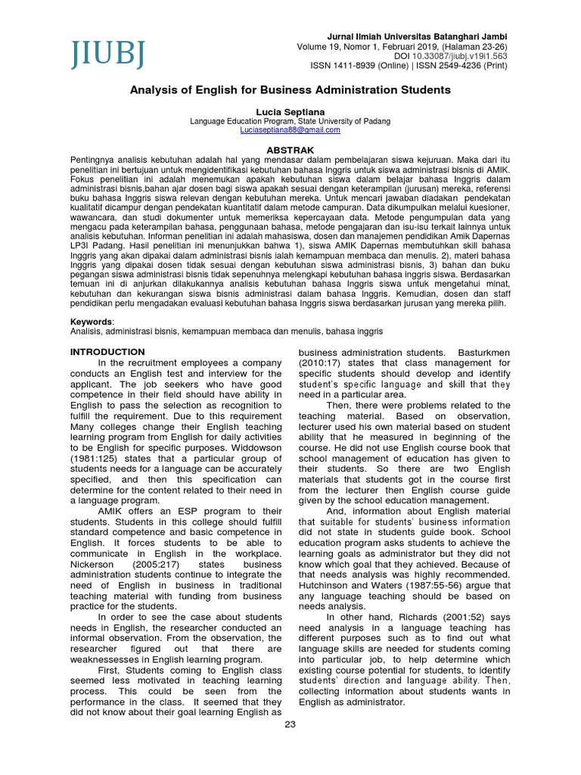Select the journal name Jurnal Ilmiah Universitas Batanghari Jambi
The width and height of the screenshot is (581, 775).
coord(417,36)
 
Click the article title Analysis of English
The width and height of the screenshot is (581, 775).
coord(290,90)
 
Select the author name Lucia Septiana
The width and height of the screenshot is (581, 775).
coord(290,111)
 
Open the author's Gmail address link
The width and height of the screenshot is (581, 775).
coord(290,130)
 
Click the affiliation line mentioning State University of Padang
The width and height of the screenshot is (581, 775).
coord(290,121)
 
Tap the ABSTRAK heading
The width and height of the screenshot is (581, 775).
coord(290,151)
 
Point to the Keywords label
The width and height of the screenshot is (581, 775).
coord(90,322)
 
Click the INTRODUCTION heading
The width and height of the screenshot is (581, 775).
coord(107,352)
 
